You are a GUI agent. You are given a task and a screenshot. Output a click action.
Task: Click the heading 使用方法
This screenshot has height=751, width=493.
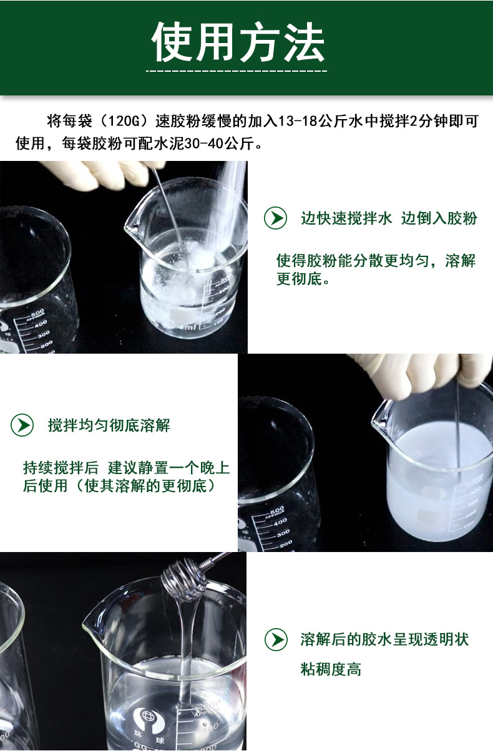[x=238, y=42]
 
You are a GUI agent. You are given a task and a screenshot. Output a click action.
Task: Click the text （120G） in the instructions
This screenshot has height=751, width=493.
[x=124, y=121]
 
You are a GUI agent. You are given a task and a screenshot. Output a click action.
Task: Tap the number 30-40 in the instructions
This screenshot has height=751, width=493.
[x=203, y=143]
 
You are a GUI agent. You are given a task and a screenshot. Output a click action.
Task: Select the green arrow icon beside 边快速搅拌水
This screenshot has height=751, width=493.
[x=275, y=218]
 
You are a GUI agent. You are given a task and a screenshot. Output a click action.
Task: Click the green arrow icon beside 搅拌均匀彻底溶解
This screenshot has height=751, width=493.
[x=22, y=425]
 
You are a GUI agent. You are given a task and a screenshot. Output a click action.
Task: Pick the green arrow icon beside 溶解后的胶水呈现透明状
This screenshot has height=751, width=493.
[x=276, y=640]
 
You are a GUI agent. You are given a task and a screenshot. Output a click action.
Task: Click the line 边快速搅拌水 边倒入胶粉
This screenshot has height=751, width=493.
[x=389, y=218]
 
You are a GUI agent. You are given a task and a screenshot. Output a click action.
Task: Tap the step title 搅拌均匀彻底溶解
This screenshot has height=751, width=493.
[x=109, y=425]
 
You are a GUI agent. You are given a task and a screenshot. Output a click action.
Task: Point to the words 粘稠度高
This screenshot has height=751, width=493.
[x=331, y=669]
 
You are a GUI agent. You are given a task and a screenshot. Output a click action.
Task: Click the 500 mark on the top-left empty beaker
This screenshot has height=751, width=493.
[x=37, y=314]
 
